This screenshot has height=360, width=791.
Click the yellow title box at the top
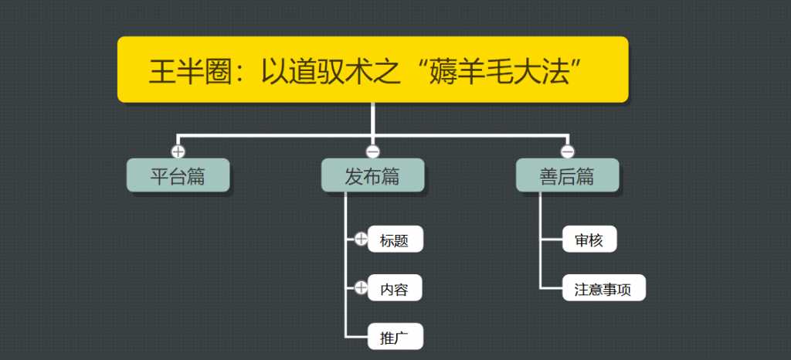pyautogui.click(x=372, y=69)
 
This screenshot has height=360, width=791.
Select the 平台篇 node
pyautogui.click(x=178, y=176)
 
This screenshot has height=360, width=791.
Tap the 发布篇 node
pyautogui.click(x=372, y=176)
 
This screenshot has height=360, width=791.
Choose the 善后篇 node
pyautogui.click(x=567, y=176)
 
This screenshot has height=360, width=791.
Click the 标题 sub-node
pyautogui.click(x=395, y=240)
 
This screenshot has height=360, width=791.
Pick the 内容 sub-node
pyautogui.click(x=395, y=289)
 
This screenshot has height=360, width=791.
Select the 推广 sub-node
pyautogui.click(x=395, y=337)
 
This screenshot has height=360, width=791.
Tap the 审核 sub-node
pyautogui.click(x=589, y=239)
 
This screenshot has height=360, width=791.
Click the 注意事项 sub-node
pyautogui.click(x=603, y=289)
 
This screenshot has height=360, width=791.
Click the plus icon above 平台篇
pyautogui.click(x=178, y=151)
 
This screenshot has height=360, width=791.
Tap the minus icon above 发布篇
pyautogui.click(x=372, y=151)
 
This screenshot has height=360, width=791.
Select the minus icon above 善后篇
pyautogui.click(x=567, y=151)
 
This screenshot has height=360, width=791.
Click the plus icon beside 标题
pyautogui.click(x=361, y=239)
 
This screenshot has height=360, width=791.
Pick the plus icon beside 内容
pyautogui.click(x=361, y=288)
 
